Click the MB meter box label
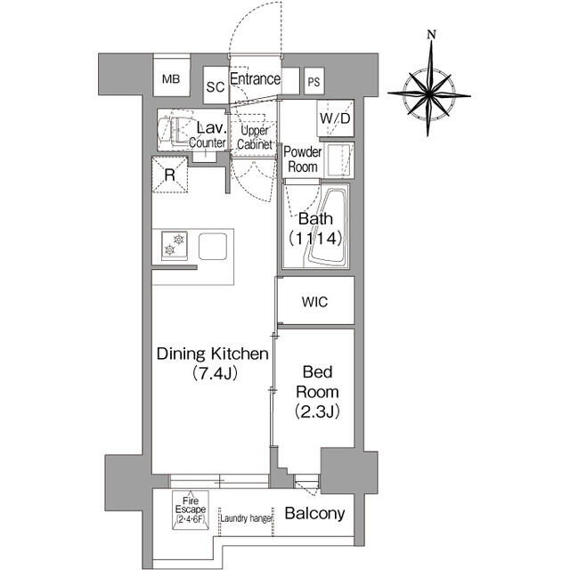pyautogui.click(x=171, y=79)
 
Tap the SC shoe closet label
pyautogui.click(x=216, y=87)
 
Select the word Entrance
pyautogui.click(x=256, y=78)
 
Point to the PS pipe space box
pyautogui.click(x=314, y=81)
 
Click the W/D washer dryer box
pyautogui.click(x=335, y=118)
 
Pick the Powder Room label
pyautogui.click(x=303, y=159)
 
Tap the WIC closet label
pyautogui.click(x=314, y=302)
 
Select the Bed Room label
pyautogui.click(x=317, y=382)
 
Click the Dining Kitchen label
pyautogui.click(x=213, y=354)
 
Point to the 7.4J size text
pyautogui.click(x=215, y=373)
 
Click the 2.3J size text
pyautogui.click(x=317, y=411)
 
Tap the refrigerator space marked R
pyautogui.click(x=170, y=175)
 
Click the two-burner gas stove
pyautogui.click(x=175, y=246)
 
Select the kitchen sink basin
pyautogui.click(x=213, y=246)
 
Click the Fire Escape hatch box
pyautogui.click(x=191, y=509)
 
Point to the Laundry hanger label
pyautogui.click(x=246, y=518)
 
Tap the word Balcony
pyautogui.click(x=314, y=513)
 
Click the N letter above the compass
pyautogui.click(x=431, y=35)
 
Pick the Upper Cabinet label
pyautogui.click(x=255, y=137)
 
